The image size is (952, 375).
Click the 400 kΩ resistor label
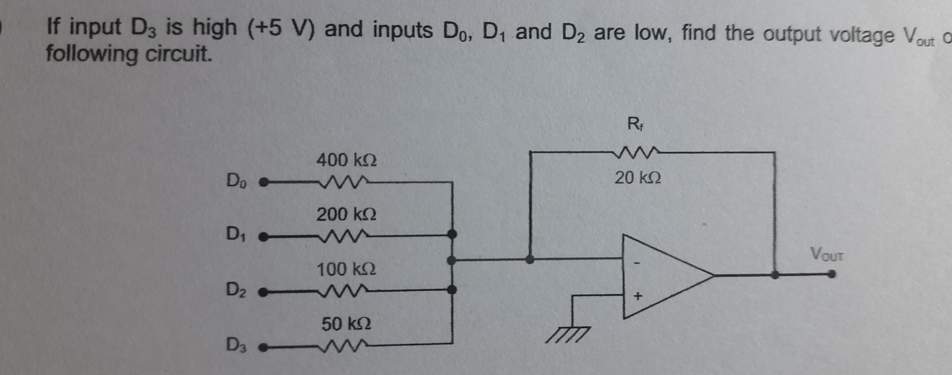click(x=346, y=161)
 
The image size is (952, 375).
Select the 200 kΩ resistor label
click(x=346, y=214)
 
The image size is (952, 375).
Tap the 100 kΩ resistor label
click(x=346, y=269)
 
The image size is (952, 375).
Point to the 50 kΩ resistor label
click(x=346, y=324)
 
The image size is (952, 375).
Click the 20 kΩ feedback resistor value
click(x=638, y=177)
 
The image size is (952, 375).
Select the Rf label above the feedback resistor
click(x=635, y=123)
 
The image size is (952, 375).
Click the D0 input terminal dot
click(x=264, y=183)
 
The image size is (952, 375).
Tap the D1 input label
click(x=236, y=233)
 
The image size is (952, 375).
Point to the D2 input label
click(x=236, y=289)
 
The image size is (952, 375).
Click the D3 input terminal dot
click(x=264, y=348)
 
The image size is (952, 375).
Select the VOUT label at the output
click(x=827, y=255)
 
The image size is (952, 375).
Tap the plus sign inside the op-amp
click(x=638, y=296)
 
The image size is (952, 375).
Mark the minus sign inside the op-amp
click(x=638, y=263)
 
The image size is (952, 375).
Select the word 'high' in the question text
click(x=214, y=28)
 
